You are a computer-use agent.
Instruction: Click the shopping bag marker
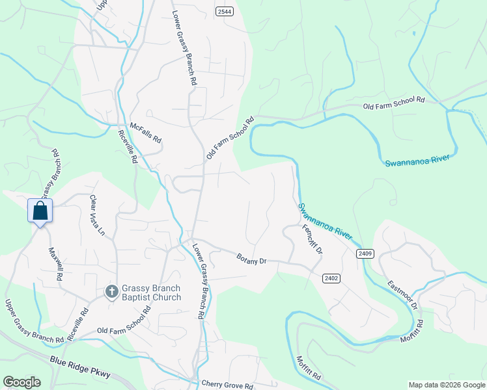[x=40, y=211]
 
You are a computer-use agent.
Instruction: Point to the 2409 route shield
[x=365, y=253]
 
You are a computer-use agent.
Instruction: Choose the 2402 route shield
[x=331, y=278]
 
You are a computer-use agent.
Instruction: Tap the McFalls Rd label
[x=145, y=132]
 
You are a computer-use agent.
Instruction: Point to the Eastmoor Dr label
[x=402, y=294]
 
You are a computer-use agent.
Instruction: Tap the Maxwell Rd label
[x=55, y=263]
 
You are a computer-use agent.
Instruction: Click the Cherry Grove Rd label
[x=227, y=385]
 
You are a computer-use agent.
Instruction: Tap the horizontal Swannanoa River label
[x=417, y=160]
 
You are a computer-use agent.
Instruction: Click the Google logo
[x=21, y=382]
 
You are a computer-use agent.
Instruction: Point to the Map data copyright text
[x=447, y=385]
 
